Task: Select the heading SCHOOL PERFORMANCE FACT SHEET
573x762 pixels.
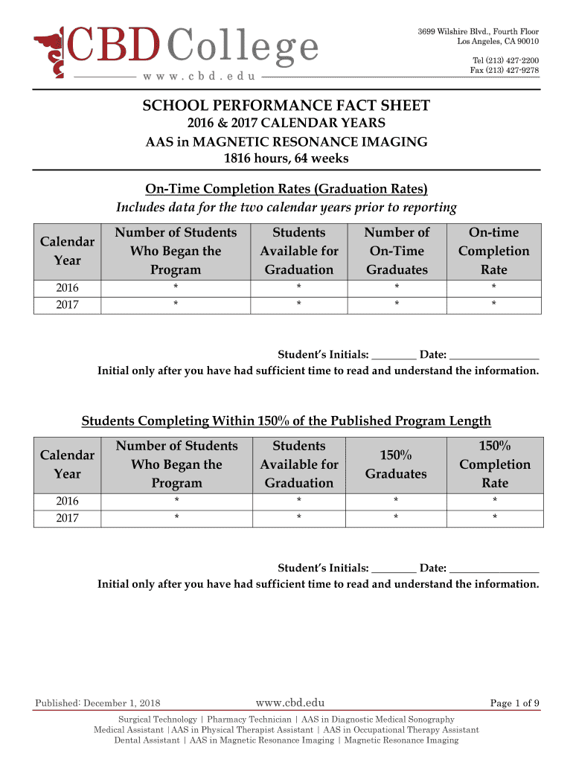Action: pos(286,106)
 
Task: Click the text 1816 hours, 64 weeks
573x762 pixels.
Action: pos(286,159)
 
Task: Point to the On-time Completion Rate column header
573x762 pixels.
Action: pos(494,251)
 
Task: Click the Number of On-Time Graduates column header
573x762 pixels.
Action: pos(397,251)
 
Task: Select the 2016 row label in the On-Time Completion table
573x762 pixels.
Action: pos(67,288)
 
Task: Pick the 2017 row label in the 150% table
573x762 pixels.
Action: pos(67,518)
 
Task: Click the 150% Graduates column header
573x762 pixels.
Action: pos(397,464)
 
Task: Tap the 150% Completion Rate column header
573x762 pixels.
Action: pos(494,464)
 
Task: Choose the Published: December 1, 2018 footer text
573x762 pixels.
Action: pos(97,703)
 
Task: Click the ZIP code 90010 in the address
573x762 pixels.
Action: pos(525,41)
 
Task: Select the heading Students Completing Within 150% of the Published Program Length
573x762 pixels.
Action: pos(286,421)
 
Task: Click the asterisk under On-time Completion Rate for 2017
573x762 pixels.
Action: pos(493,304)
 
